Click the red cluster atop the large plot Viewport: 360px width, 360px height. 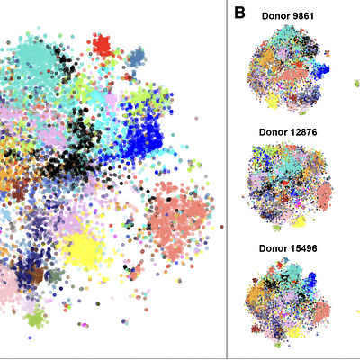tap(101, 44)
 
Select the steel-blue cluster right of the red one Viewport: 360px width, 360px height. tap(137, 58)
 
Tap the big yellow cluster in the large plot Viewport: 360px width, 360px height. tap(89, 247)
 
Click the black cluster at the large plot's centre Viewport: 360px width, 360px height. tap(67, 162)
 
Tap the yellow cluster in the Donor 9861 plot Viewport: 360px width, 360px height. tap(272, 102)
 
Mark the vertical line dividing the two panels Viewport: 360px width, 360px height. tap(227, 180)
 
